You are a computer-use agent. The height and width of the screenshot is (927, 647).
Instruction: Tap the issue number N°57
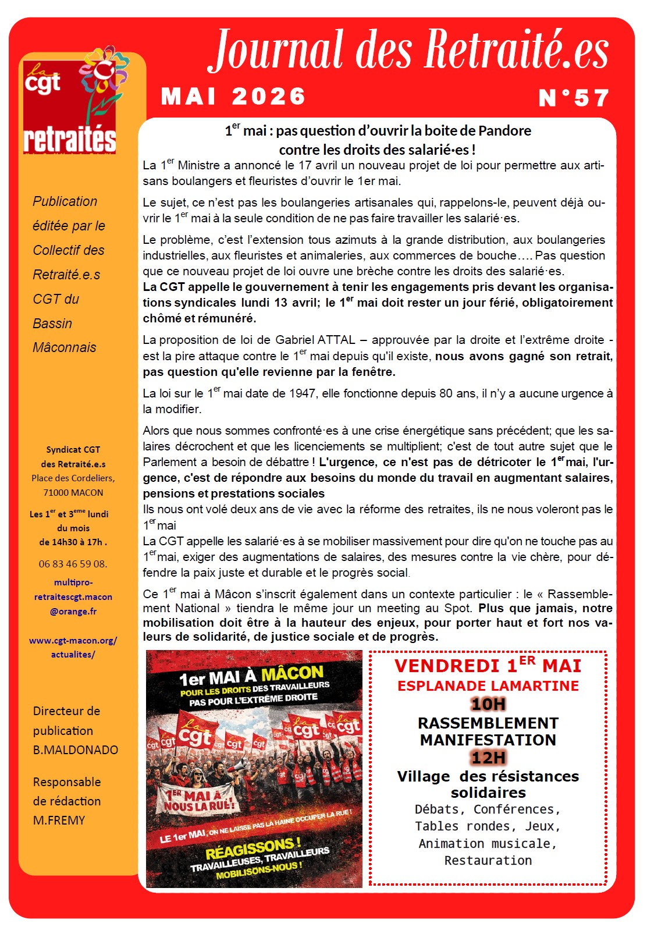click(x=574, y=98)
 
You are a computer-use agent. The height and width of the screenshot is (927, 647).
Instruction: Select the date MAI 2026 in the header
click(x=233, y=97)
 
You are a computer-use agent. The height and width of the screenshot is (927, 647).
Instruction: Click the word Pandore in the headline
click(x=504, y=131)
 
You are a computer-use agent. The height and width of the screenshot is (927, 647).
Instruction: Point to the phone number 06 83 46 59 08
click(x=73, y=564)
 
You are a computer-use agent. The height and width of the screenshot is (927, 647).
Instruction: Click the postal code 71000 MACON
click(x=73, y=492)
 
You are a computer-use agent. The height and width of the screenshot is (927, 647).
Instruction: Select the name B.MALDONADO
click(x=75, y=750)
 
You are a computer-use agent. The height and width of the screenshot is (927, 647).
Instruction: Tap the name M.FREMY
click(x=59, y=821)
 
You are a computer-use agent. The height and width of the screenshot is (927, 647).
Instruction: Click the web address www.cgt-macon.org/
click(x=73, y=640)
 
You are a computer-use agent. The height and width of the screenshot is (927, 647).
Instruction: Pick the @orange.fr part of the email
click(x=73, y=612)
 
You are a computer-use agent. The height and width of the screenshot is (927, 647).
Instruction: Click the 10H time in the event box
click(x=488, y=704)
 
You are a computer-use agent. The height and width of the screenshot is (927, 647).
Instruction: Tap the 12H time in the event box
click(x=488, y=758)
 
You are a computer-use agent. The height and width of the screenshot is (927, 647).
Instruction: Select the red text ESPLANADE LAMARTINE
click(x=488, y=686)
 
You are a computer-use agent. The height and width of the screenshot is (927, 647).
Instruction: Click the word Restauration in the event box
click(x=488, y=861)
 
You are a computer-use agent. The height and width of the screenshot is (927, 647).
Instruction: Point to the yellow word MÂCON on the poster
click(x=292, y=674)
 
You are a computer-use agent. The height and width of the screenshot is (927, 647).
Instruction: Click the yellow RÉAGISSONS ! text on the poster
click(x=253, y=848)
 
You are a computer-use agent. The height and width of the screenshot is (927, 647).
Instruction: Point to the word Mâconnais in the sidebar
click(x=65, y=347)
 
